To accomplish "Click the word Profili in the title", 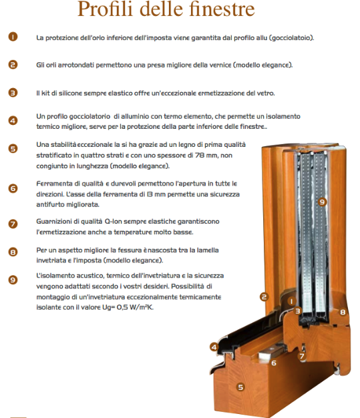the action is pyautogui.click(x=105, y=9).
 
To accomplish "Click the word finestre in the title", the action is pyautogui.click(x=222, y=9).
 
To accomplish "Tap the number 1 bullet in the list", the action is pyautogui.click(x=13, y=37).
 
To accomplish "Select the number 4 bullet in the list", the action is pyautogui.click(x=13, y=120).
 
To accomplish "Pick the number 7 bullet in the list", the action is pyautogui.click(x=13, y=224).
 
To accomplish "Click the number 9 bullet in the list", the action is pyautogui.click(x=13, y=280).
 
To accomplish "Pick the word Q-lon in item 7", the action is pyautogui.click(x=113, y=222).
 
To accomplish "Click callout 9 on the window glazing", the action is pyautogui.click(x=322, y=202).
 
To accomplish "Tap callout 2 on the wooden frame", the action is pyautogui.click(x=264, y=297).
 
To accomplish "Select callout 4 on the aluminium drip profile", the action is pyautogui.click(x=214, y=347).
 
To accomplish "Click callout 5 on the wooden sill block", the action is pyautogui.click(x=240, y=387).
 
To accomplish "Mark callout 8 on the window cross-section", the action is pyautogui.click(x=343, y=312).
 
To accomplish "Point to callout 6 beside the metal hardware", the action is pyautogui.click(x=274, y=363).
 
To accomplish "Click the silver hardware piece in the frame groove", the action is pyautogui.click(x=271, y=353).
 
